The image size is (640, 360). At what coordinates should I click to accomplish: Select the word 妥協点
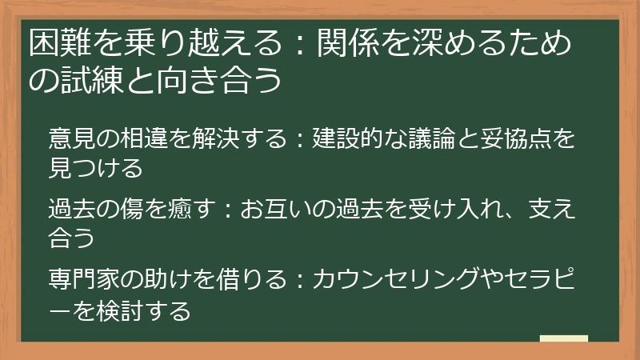coord(520,137)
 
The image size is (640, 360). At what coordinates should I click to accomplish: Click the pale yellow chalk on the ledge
coord(563,338)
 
